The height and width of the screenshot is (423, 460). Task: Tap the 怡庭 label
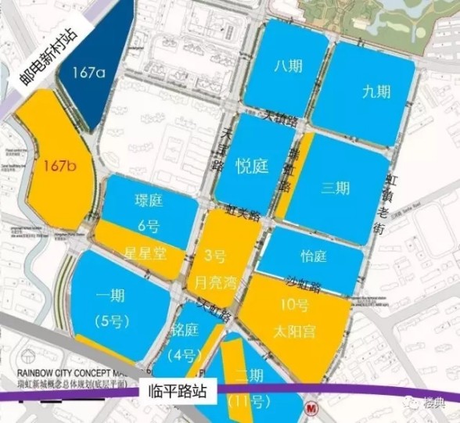pos(313,257)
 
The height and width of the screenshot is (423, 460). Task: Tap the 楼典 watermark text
pos(433,403)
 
